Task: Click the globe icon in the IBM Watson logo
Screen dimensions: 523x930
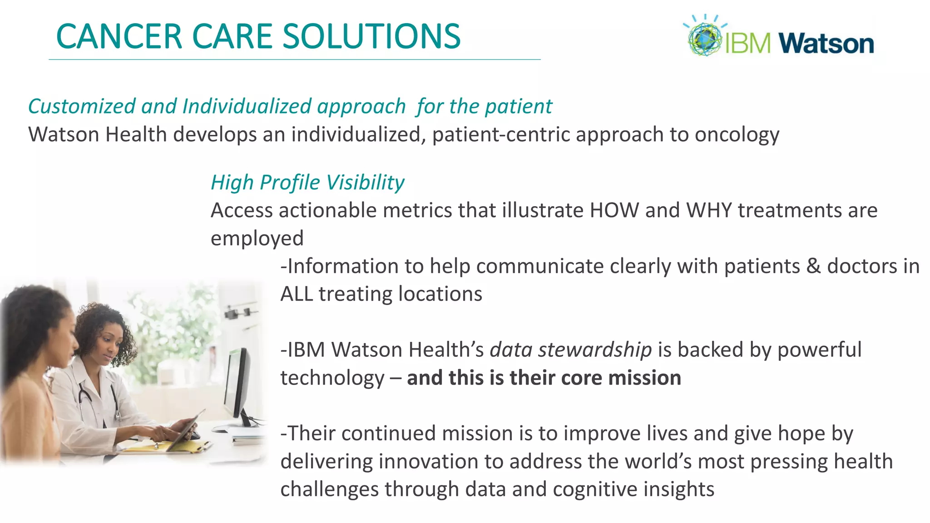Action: (x=704, y=39)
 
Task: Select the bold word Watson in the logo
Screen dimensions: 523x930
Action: (x=826, y=44)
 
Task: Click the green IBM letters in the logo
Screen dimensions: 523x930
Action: (x=747, y=44)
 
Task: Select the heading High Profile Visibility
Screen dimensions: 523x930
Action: (x=307, y=183)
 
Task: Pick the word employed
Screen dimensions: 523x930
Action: (x=257, y=239)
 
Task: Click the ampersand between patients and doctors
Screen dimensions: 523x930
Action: (x=813, y=266)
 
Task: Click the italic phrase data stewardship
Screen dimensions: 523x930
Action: (x=571, y=350)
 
